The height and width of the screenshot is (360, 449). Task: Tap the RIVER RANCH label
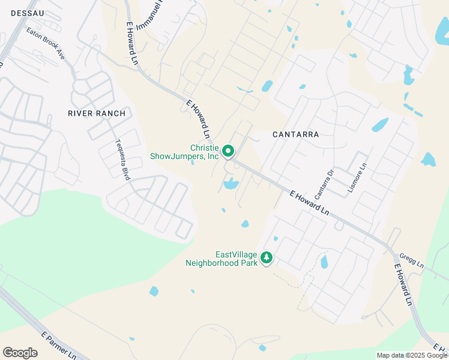coord(97,113)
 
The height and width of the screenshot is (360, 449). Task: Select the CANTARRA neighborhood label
coord(295,134)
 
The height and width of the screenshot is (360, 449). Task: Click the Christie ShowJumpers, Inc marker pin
coord(228,151)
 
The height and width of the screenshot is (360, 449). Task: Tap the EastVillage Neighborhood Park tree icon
coord(266,258)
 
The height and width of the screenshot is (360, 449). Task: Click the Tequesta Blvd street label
coord(122,160)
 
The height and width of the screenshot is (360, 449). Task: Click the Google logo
coord(20,353)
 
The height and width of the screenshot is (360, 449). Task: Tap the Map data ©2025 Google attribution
coord(412,355)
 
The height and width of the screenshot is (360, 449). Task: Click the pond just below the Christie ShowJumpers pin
coord(231,184)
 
